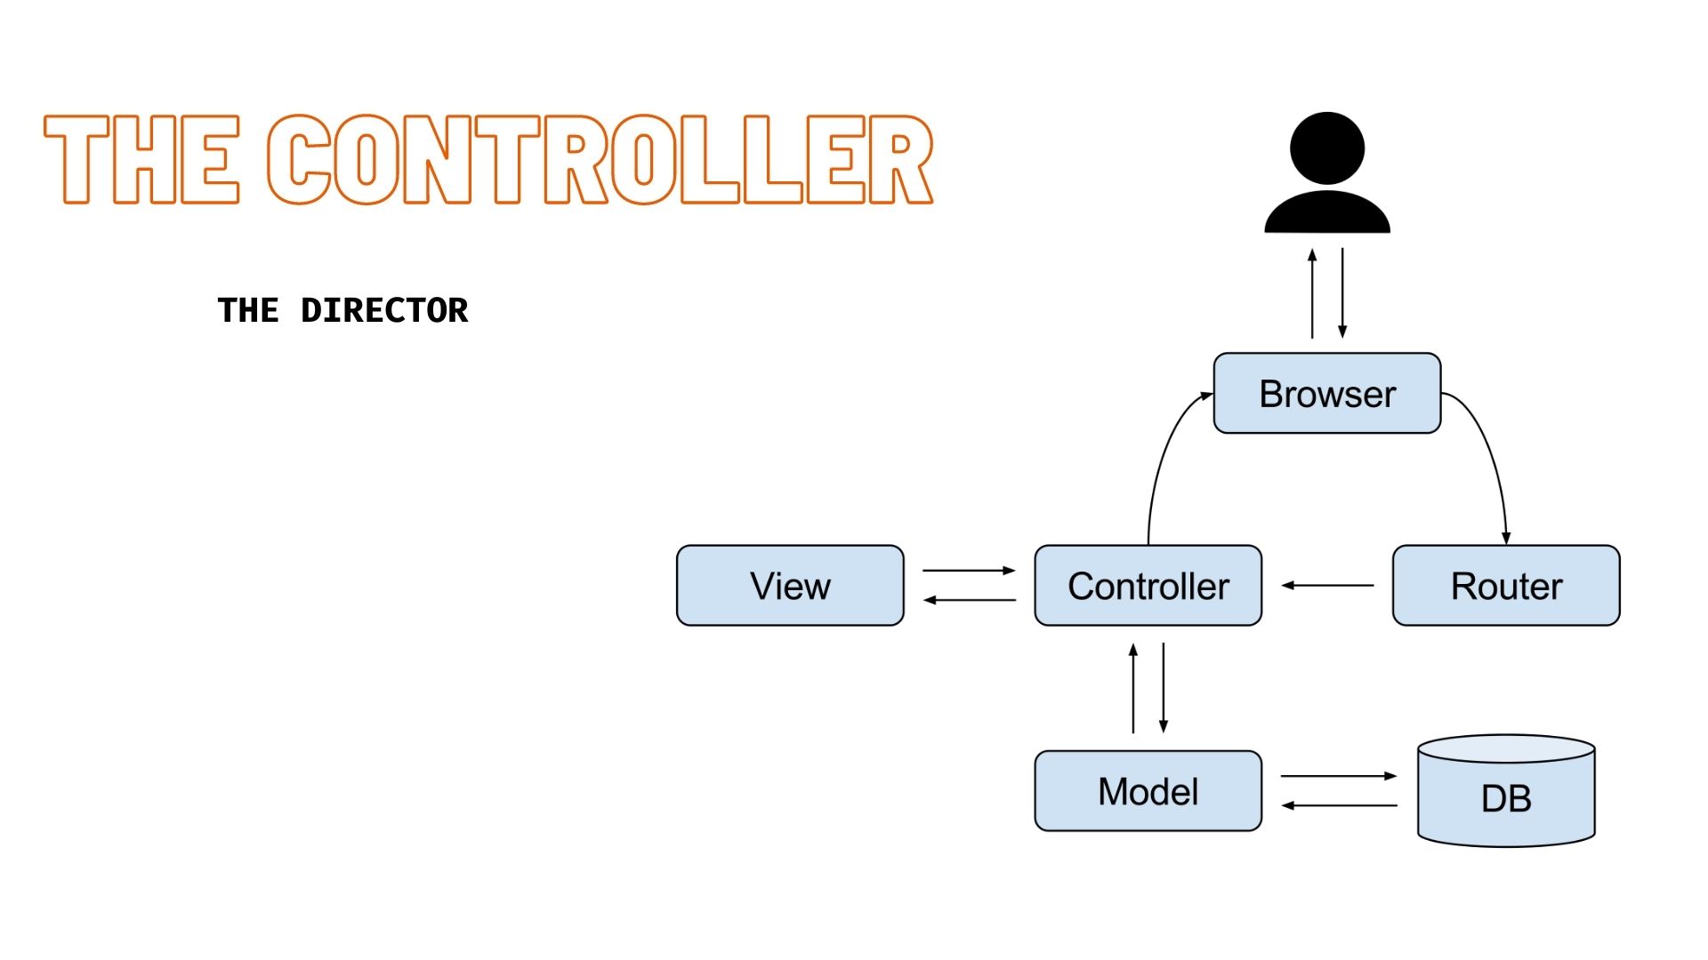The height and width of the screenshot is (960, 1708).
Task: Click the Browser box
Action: pyautogui.click(x=1326, y=393)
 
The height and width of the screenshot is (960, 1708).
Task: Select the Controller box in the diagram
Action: pyautogui.click(x=1148, y=586)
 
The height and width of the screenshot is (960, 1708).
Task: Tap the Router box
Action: pyautogui.click(x=1505, y=586)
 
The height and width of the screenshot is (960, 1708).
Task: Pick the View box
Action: pyautogui.click(x=790, y=586)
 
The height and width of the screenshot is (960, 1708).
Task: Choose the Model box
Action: pyautogui.click(x=1148, y=791)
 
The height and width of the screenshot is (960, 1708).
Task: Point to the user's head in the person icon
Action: pyautogui.click(x=1326, y=148)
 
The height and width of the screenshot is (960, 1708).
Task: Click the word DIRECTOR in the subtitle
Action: pyautogui.click(x=384, y=310)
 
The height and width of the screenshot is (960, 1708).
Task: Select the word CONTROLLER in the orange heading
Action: pyautogui.click(x=600, y=160)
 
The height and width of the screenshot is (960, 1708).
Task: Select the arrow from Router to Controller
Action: pyautogui.click(x=1327, y=585)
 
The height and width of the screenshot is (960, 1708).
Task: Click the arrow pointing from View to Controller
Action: pyautogui.click(x=969, y=570)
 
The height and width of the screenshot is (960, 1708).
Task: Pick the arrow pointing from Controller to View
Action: pyautogui.click(x=969, y=600)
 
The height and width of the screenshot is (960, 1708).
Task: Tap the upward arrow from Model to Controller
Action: pyautogui.click(x=1132, y=689)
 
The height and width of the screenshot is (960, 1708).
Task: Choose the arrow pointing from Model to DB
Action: pyautogui.click(x=1339, y=776)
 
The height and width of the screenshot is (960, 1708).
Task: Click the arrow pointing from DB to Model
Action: pyautogui.click(x=1339, y=805)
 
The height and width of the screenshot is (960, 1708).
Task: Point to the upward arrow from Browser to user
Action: pyautogui.click(x=1312, y=293)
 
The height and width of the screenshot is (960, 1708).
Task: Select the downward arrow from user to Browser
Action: pyautogui.click(x=1342, y=293)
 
